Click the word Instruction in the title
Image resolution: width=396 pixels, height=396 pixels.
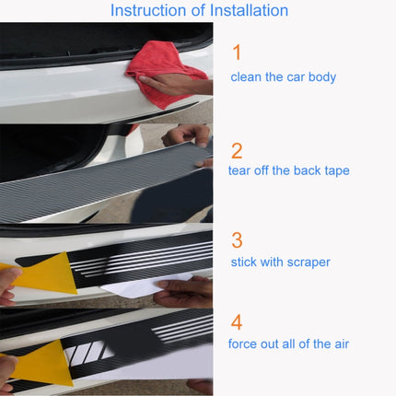pos(147,11)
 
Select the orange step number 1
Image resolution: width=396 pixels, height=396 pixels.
pos(237,52)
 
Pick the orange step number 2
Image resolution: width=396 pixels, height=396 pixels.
pos(237,150)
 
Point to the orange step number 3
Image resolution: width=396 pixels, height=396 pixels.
pos(237,240)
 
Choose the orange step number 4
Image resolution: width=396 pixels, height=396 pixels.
pos(237,323)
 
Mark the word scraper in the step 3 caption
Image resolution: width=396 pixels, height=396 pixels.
pos(308,263)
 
